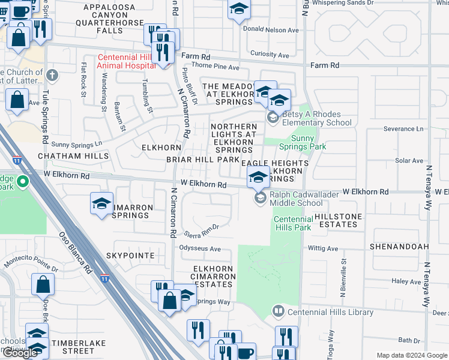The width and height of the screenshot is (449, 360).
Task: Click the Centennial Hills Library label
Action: [330, 312]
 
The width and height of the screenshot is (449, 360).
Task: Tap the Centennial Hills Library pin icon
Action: [278, 311]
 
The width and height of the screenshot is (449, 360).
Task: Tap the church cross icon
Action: [52, 76]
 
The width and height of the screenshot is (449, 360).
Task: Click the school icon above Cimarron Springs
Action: [101, 204]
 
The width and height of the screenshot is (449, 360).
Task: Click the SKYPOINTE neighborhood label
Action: [130, 256]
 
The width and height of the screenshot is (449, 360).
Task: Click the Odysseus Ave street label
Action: [199, 248]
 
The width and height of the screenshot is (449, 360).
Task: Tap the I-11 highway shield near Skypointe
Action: [106, 278]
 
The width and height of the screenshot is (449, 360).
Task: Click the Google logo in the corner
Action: [20, 353]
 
